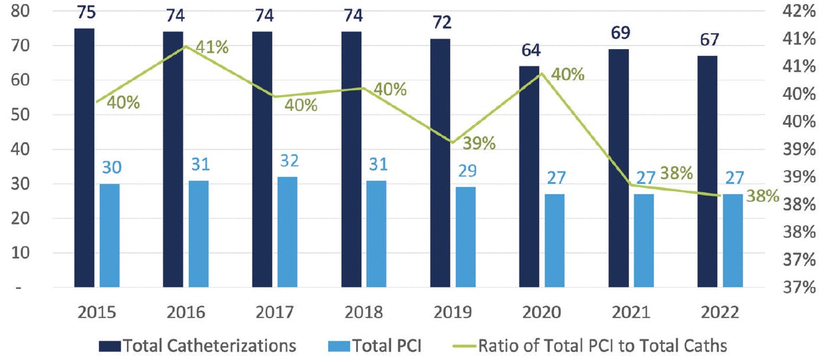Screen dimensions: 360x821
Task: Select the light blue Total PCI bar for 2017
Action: click(287, 232)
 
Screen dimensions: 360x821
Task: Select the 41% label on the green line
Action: click(213, 48)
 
